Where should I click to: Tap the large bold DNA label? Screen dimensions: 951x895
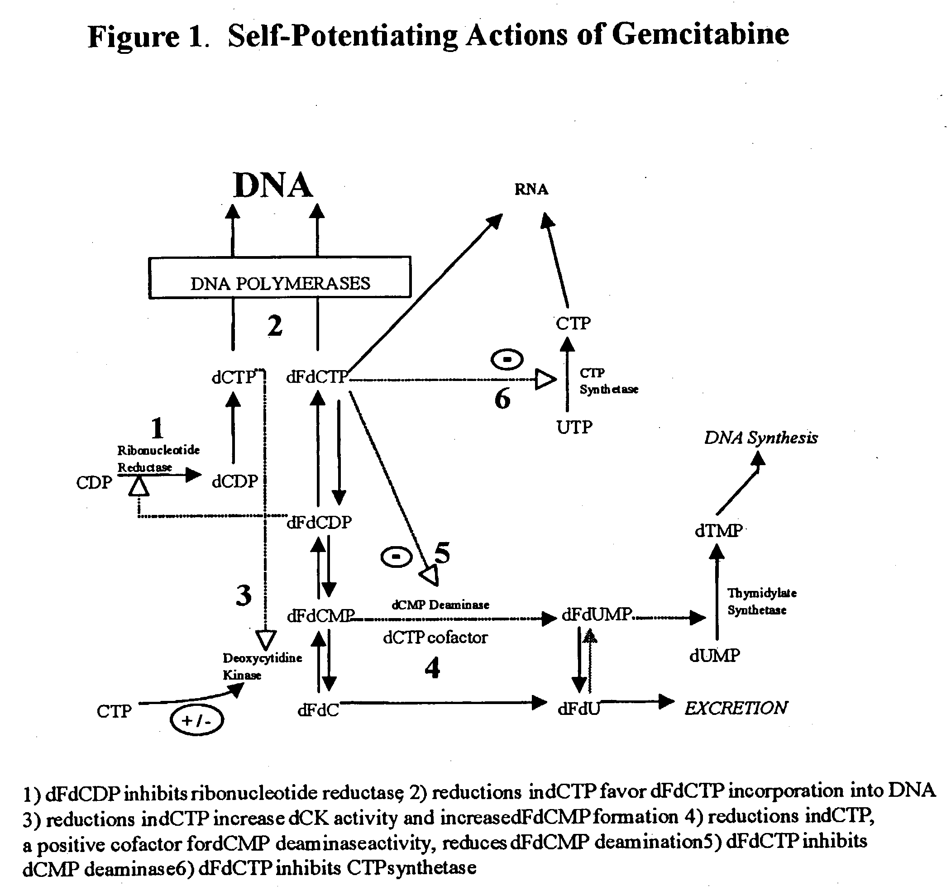(x=273, y=185)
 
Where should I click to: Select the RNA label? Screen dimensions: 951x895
(x=531, y=189)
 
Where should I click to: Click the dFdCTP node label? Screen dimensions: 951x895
(x=317, y=377)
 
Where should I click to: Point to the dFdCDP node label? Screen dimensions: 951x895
(x=319, y=522)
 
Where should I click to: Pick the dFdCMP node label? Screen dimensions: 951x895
(x=320, y=616)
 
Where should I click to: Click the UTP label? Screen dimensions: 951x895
(x=574, y=427)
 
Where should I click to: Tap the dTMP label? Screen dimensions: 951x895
(x=718, y=531)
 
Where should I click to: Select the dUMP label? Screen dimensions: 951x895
(x=715, y=655)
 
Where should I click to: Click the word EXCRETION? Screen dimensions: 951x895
(x=736, y=708)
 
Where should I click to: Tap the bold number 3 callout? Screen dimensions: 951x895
(x=244, y=595)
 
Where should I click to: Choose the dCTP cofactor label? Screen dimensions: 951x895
(x=435, y=637)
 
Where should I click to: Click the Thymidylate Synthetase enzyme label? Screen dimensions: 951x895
(x=761, y=601)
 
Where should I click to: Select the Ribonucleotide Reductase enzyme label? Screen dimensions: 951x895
(x=158, y=458)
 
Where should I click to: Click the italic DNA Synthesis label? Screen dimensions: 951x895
(x=761, y=438)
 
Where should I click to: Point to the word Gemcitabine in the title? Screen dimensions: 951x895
(x=700, y=34)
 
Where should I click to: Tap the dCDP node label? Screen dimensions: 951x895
(x=235, y=481)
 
